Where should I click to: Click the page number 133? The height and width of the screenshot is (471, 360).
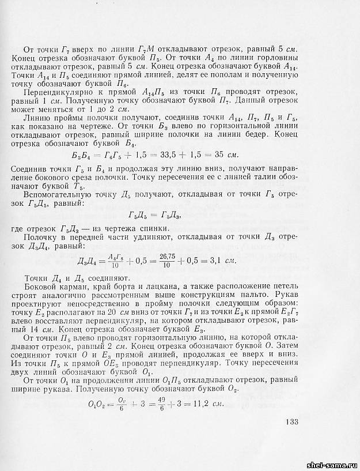(x=291, y=423)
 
